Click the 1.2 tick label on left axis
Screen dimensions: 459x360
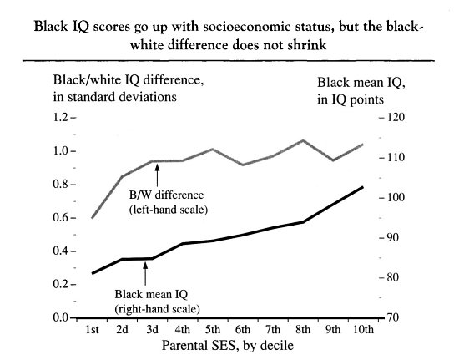coord(60,118)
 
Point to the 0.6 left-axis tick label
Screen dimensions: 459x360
coord(60,218)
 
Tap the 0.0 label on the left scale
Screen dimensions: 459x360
coord(60,317)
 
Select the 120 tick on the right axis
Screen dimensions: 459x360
coord(396,118)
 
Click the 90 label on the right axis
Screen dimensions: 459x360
coord(392,237)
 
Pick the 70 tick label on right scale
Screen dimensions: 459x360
coord(393,317)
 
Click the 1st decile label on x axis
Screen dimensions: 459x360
coord(92,330)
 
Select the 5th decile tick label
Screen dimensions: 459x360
coord(213,330)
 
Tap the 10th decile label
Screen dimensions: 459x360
coord(363,330)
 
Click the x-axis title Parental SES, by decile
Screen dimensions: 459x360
coord(228,346)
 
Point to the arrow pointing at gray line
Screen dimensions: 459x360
coord(157,175)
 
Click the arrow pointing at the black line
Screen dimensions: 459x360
coord(145,274)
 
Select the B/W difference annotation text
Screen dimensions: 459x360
coord(166,195)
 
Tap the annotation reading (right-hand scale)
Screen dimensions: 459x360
coord(158,309)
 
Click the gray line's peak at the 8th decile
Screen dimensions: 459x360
coord(303,140)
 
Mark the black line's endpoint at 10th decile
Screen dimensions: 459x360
coord(363,187)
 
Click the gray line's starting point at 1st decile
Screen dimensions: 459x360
coord(92,218)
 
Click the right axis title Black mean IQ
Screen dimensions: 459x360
coord(361,83)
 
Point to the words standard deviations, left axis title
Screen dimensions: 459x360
coord(122,97)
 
